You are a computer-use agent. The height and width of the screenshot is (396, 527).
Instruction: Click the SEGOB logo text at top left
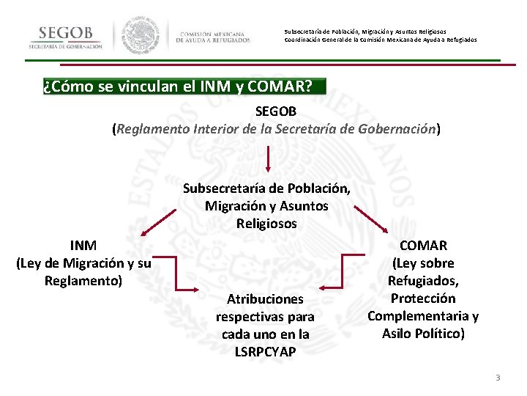[x=65, y=34]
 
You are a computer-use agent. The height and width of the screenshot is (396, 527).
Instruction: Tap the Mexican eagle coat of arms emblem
[x=142, y=35]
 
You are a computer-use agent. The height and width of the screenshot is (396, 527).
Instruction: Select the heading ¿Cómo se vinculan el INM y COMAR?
[x=178, y=87]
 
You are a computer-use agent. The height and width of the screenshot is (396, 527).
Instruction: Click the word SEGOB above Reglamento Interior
[x=275, y=111]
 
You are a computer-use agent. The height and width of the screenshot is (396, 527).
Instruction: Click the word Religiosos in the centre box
[x=266, y=224]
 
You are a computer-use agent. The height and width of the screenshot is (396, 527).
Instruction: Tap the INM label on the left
[x=83, y=245]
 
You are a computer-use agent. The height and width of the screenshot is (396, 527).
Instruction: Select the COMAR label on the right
[x=423, y=245]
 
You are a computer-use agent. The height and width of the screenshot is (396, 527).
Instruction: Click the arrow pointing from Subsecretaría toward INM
[x=157, y=222]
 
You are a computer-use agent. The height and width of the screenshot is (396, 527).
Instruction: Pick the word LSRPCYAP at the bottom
[x=265, y=351]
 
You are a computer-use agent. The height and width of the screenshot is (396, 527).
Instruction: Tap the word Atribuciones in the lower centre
[x=265, y=298]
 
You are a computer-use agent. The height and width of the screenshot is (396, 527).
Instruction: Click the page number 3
[x=498, y=378]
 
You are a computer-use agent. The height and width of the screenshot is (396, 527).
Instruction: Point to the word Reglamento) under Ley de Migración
[x=83, y=280]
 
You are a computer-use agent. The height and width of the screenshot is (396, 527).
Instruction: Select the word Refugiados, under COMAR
[x=423, y=280]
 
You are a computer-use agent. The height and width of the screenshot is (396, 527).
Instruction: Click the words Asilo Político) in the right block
[x=423, y=334]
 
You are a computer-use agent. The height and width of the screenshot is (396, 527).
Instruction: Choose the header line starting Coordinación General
[x=380, y=40]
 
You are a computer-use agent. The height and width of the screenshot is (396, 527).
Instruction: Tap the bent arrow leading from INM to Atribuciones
[x=176, y=274]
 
